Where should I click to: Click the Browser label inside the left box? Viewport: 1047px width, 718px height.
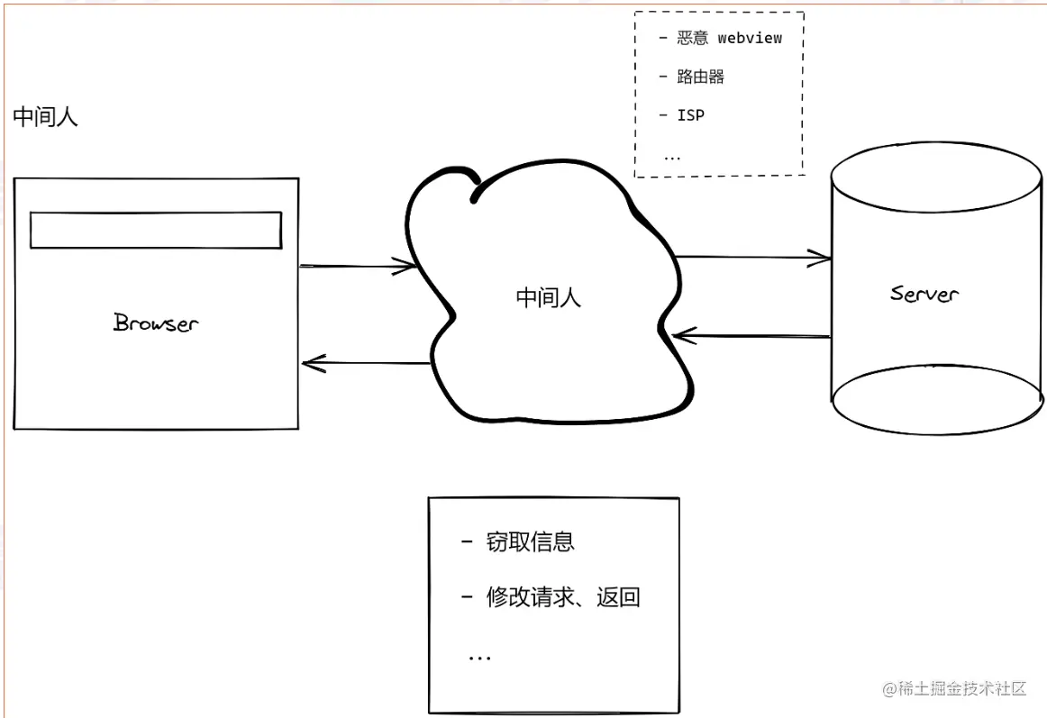coord(156,323)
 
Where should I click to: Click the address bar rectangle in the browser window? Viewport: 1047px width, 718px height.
coord(156,230)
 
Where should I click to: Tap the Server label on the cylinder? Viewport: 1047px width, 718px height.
coord(924,294)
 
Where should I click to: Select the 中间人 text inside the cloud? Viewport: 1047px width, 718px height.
coord(549,298)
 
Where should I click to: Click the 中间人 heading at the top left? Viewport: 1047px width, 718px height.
coord(45,117)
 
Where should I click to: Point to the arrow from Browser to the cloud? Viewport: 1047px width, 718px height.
coord(358,266)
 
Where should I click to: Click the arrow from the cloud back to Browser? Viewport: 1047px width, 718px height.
coord(365,364)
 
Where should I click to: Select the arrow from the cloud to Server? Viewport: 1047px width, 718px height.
coord(752,259)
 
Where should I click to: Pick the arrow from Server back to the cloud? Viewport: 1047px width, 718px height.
coord(751,337)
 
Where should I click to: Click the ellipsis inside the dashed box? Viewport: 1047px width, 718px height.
coord(672,156)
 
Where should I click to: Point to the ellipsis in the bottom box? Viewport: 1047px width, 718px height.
coord(479,657)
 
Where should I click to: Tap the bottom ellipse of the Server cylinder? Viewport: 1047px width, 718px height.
coord(937,399)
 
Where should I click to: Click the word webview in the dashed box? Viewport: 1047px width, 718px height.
coord(750,38)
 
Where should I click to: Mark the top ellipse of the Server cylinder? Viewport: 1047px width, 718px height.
coord(937,176)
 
